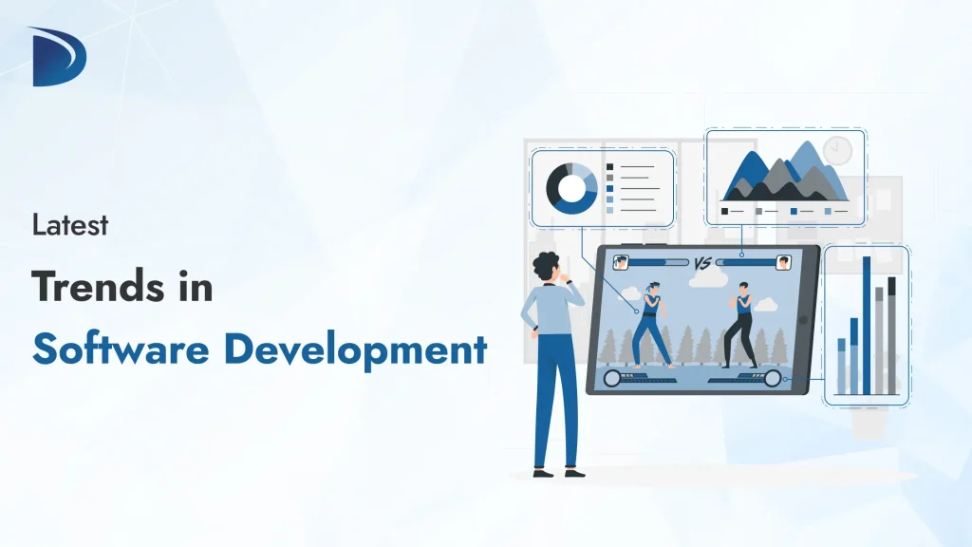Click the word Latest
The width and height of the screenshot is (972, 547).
point(70,226)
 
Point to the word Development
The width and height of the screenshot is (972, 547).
point(355,349)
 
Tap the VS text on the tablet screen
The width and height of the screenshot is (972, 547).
point(702,263)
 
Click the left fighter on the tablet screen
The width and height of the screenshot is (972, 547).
point(652,324)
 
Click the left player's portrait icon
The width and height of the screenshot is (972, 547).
point(622,262)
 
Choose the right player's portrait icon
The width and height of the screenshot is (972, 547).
point(783,263)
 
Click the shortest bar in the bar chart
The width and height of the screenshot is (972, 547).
point(841,366)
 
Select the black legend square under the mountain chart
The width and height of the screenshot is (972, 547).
point(726,211)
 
